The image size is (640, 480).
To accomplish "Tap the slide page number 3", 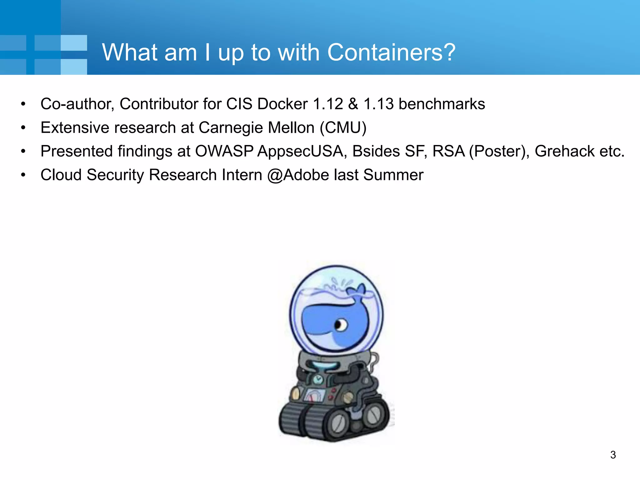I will point(613,455).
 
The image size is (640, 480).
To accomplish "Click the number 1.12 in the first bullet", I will point(328,104).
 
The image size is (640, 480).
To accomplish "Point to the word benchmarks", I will point(442,104).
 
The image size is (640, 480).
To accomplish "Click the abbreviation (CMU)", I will point(343,127).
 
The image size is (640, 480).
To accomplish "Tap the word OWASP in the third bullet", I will point(224,151).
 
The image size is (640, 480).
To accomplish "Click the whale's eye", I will point(340,325).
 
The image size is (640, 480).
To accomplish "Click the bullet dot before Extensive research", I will point(23,128).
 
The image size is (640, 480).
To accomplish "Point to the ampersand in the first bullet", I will point(353,104).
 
